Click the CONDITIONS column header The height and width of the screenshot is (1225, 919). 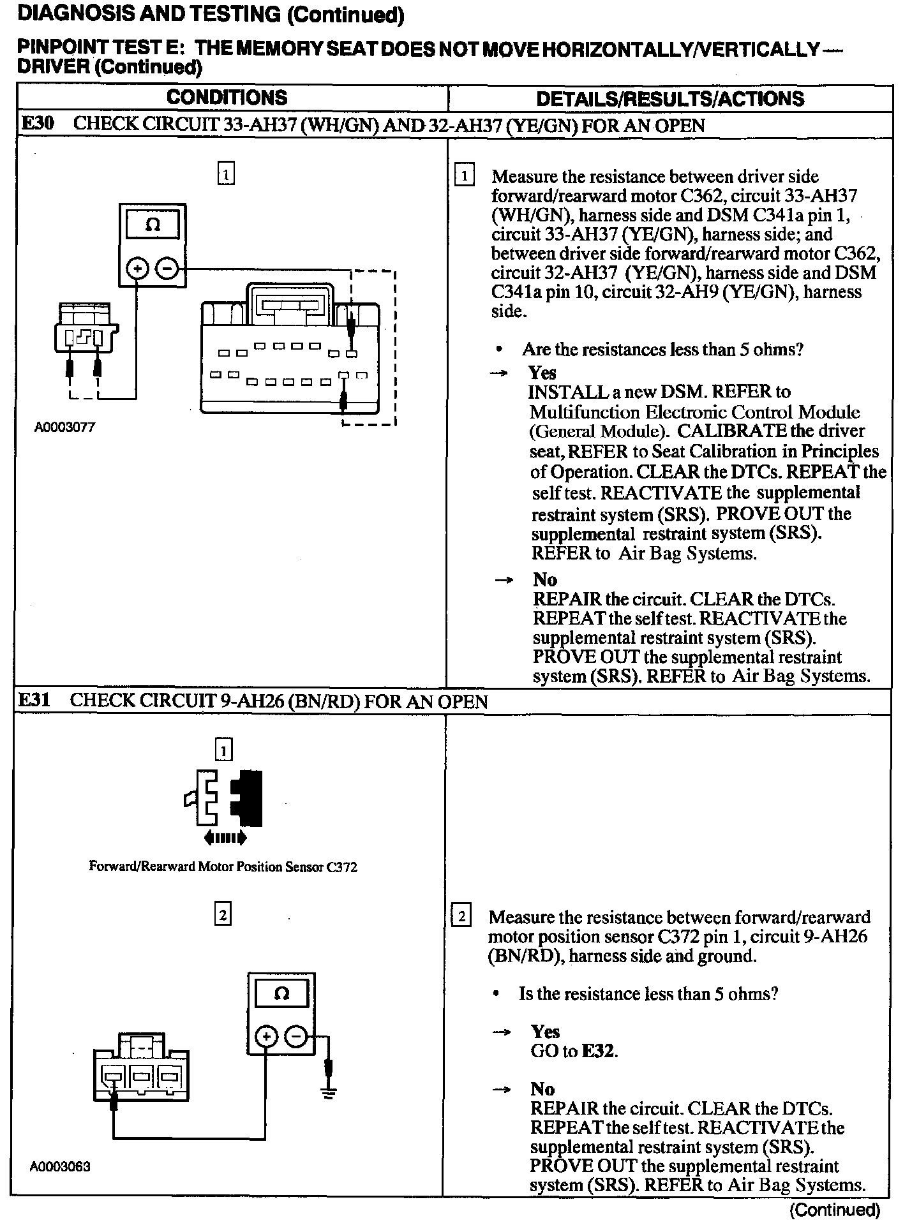tap(227, 98)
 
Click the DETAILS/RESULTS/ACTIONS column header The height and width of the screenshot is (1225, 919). tap(670, 99)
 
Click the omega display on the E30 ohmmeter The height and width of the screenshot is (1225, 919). tap(153, 226)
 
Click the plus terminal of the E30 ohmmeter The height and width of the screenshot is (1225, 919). tap(137, 269)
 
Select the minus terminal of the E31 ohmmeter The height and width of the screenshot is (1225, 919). tap(296, 1036)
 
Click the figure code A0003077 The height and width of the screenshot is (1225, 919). tap(64, 428)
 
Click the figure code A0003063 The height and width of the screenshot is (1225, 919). tap(60, 1167)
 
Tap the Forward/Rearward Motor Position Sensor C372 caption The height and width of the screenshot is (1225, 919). tap(223, 867)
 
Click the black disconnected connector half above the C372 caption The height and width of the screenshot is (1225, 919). tap(248, 798)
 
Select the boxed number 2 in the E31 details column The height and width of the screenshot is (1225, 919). tap(461, 916)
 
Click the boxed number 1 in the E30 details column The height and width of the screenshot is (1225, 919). tap(464, 175)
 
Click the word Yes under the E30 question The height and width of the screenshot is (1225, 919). tap(542, 373)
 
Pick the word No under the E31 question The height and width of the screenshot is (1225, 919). tap(542, 1089)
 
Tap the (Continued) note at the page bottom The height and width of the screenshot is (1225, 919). tap(835, 1210)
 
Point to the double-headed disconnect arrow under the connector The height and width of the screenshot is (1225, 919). tap(224, 836)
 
